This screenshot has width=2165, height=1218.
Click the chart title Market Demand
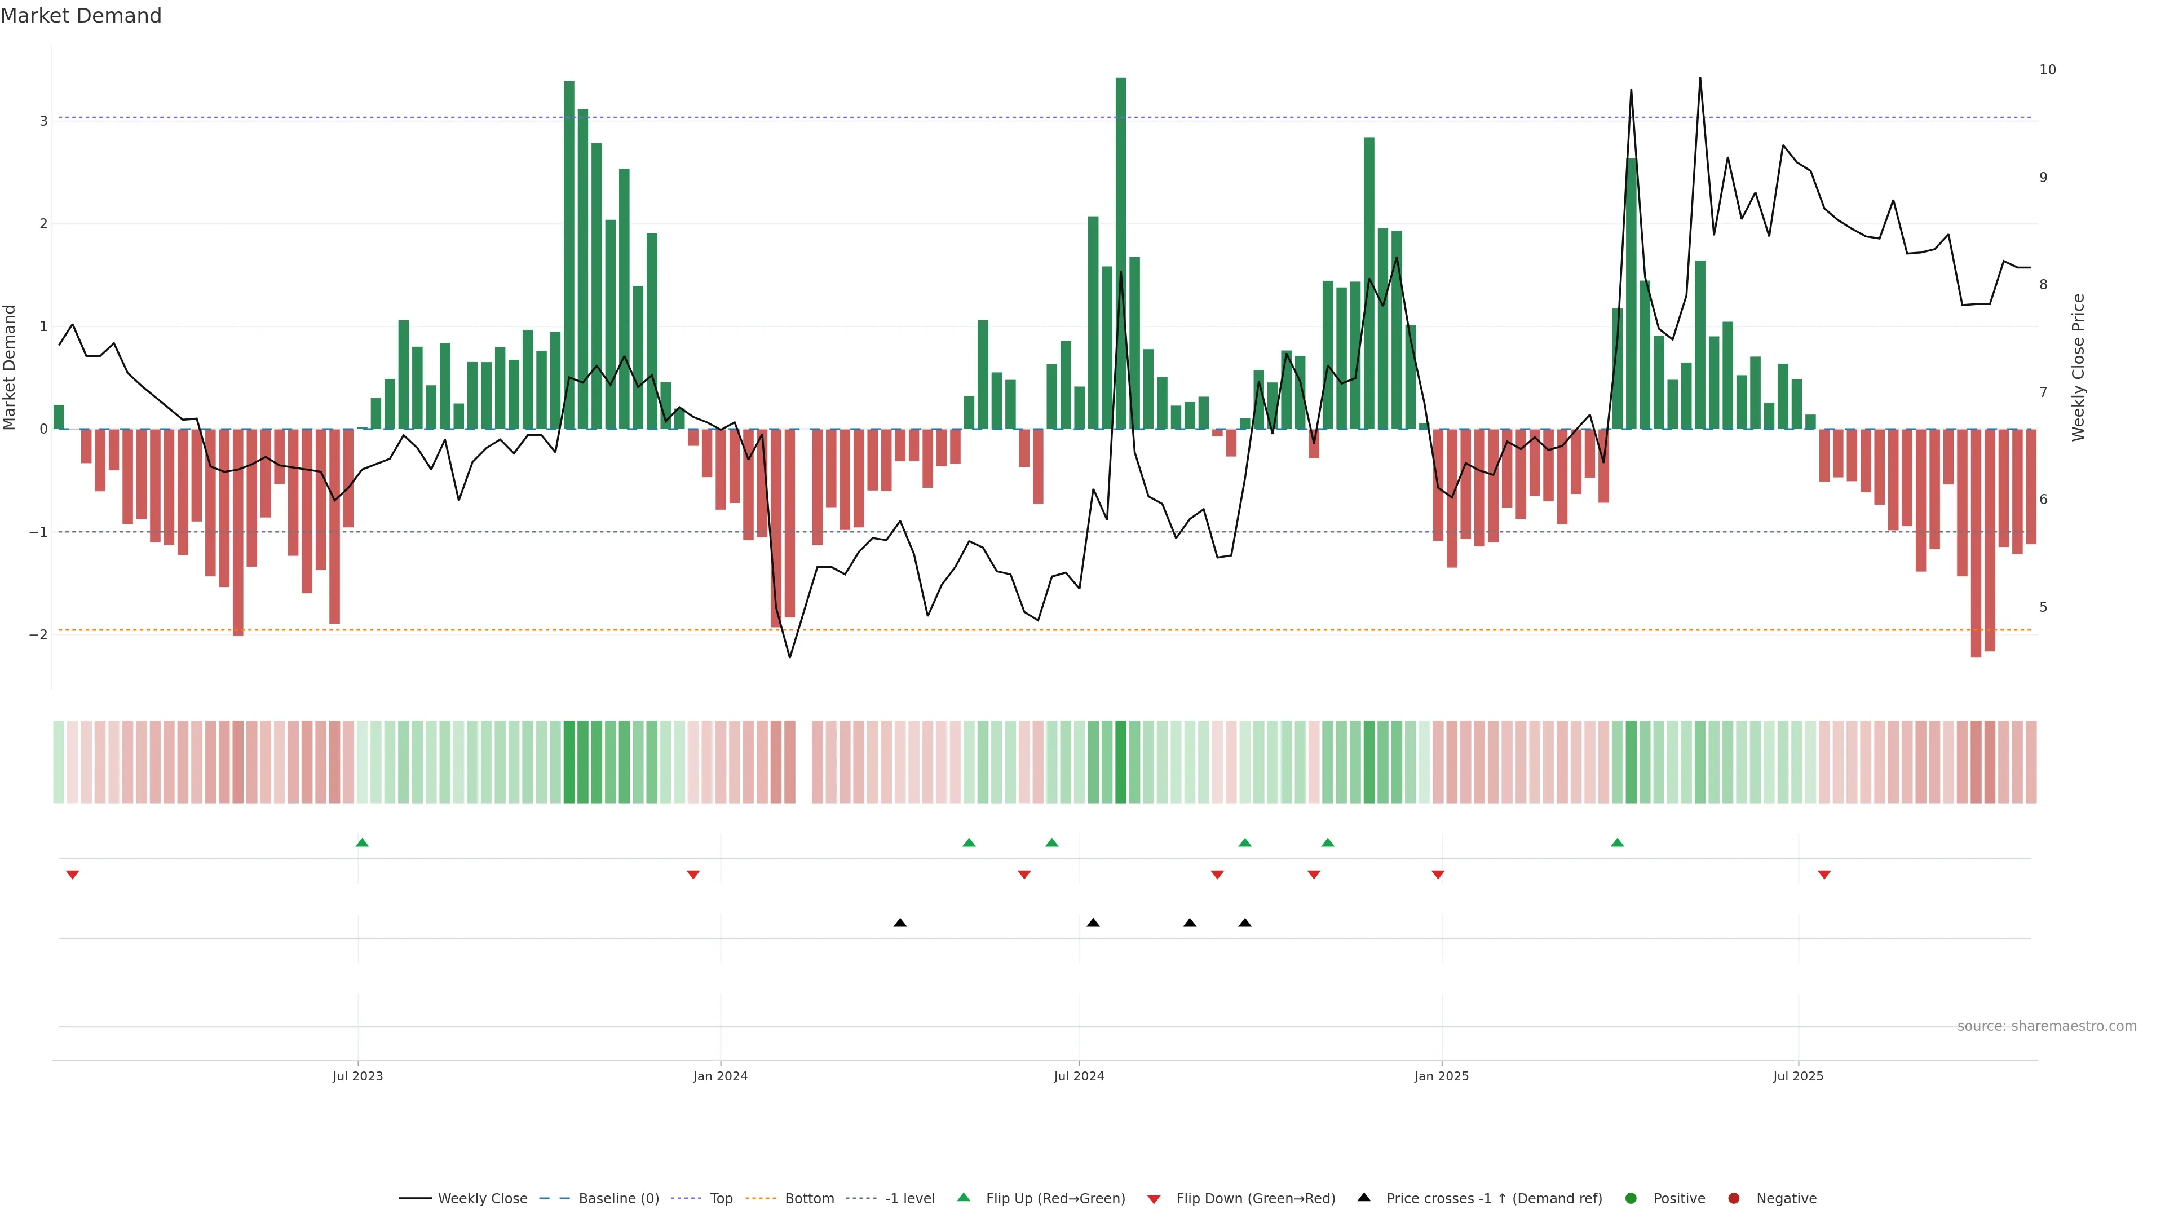tap(81, 16)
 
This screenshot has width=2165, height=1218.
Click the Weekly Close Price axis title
tap(2078, 367)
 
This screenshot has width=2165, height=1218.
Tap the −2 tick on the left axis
tap(39, 634)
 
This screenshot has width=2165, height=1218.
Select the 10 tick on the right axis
tap(2047, 70)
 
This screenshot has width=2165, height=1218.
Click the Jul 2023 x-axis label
tap(357, 1076)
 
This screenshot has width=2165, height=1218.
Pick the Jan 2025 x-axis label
tap(1442, 1076)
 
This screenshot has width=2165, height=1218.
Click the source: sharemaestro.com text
tap(2047, 1026)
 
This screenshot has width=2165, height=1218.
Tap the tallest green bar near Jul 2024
tap(1120, 252)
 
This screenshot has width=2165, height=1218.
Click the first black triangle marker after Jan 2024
tap(900, 923)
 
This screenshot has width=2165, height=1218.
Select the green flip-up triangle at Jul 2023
tap(362, 842)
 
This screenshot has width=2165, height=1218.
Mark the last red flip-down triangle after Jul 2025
tap(1824, 875)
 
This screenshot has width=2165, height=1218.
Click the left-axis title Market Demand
tap(10, 367)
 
